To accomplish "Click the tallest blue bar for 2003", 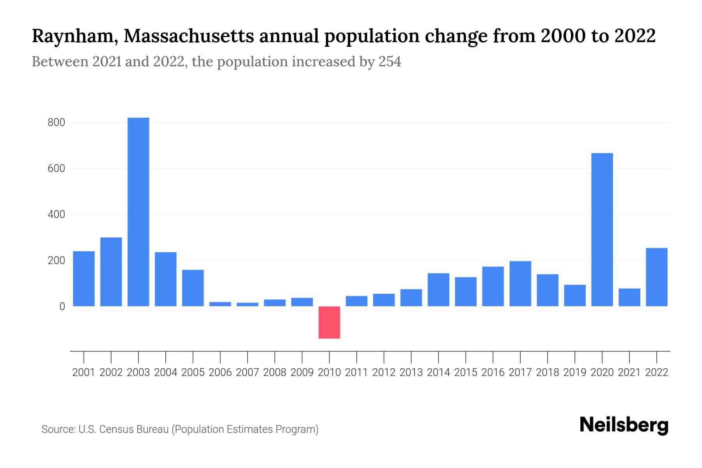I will tap(138, 212).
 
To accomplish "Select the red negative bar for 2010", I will tap(329, 322).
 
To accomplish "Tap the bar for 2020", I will tap(602, 229).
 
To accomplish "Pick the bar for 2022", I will tap(656, 277).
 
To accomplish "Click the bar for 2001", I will tap(84, 278).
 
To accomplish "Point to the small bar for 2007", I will tap(247, 304).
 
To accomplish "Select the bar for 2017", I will tap(520, 284).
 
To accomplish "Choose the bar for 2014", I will tap(438, 289).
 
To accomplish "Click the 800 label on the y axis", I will tap(56, 123).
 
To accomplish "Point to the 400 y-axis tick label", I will tap(56, 214).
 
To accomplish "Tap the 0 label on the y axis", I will tap(62, 307).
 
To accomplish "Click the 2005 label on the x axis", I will tap(193, 372).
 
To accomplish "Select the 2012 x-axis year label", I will tap(384, 372).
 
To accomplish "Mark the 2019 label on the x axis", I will tap(574, 372).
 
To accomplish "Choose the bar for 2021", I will tap(629, 297).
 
